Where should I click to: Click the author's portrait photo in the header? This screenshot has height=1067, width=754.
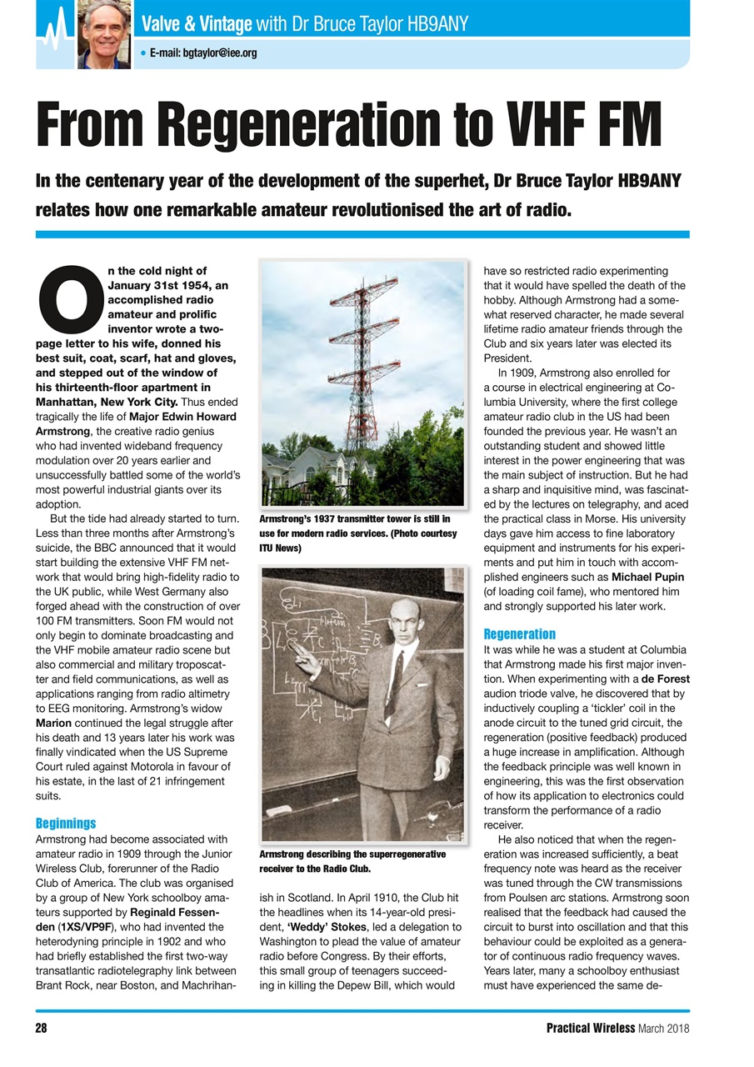[x=103, y=35]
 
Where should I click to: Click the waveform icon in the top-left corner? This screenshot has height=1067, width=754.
[x=54, y=35]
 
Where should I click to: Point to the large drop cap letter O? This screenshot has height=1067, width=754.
[x=68, y=301]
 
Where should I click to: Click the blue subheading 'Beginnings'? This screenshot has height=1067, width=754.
[x=65, y=823]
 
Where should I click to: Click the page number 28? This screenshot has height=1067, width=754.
[x=41, y=1029]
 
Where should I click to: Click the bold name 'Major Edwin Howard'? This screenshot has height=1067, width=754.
[x=183, y=416]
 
